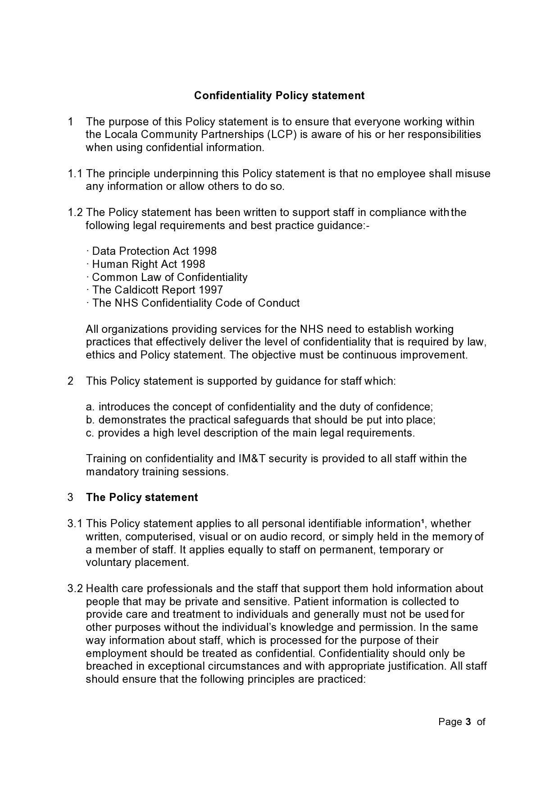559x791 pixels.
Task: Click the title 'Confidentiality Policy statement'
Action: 279,96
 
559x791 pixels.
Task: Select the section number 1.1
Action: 75,174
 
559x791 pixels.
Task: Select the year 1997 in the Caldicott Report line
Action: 210,290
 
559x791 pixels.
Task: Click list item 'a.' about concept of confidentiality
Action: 259,407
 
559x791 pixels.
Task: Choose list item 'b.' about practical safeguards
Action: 260,420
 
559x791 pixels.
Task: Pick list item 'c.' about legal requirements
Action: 250,433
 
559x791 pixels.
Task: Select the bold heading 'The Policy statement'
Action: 142,497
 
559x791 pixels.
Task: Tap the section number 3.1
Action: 75,524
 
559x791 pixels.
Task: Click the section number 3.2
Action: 75,589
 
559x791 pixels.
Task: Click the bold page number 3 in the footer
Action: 468,722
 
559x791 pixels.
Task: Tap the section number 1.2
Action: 75,212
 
